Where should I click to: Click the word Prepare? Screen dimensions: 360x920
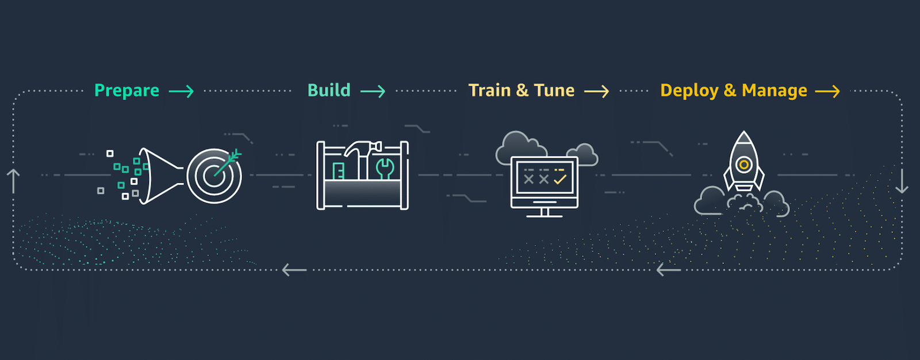(x=126, y=91)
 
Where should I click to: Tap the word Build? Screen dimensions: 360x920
(x=329, y=90)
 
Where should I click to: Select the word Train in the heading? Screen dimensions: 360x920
(x=489, y=90)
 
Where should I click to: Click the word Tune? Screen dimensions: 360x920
(x=554, y=90)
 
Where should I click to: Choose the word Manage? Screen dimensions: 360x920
(x=774, y=91)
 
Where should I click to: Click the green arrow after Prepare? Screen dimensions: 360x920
(x=181, y=91)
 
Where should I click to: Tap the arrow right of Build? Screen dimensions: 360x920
(x=373, y=91)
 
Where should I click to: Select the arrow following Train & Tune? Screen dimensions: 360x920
(x=596, y=91)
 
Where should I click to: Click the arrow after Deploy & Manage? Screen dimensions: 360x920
(x=827, y=91)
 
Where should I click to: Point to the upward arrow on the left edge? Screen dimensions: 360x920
(x=13, y=181)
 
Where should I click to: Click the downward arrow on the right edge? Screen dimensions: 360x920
(x=902, y=181)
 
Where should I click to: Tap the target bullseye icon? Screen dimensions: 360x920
(x=214, y=175)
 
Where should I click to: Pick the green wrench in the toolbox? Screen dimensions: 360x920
(x=385, y=167)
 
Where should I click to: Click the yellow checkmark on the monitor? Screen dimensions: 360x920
(x=560, y=179)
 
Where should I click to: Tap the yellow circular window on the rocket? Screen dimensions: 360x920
(x=743, y=165)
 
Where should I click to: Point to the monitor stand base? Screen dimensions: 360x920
(x=544, y=215)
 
